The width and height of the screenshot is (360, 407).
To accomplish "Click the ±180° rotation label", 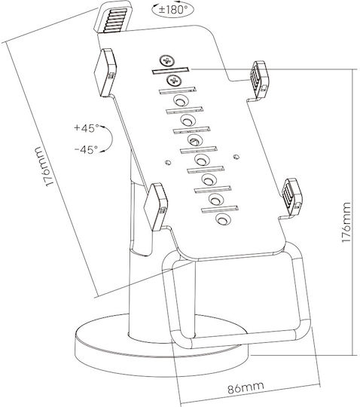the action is [173, 10].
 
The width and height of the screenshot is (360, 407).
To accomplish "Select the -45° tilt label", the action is [87, 149].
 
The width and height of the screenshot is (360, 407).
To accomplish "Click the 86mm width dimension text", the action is [246, 387].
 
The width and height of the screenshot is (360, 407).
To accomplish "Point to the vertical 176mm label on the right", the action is [346, 222].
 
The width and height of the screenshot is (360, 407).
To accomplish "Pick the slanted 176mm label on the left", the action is [44, 167].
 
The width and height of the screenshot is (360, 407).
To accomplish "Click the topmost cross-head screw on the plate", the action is [167, 61].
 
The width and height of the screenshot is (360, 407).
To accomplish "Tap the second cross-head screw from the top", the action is [174, 80].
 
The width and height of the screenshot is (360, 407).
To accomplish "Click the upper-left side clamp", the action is [105, 72].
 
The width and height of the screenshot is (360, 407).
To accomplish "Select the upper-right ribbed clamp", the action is [259, 80].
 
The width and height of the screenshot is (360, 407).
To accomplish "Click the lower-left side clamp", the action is [156, 207].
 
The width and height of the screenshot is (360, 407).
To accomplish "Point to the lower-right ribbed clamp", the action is [292, 197].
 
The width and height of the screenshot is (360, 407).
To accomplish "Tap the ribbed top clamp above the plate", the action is [112, 17].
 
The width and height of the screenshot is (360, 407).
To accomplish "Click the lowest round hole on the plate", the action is [223, 219].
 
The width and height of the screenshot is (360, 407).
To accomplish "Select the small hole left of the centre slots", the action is [168, 163].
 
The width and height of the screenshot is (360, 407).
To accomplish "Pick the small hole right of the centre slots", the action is [236, 157].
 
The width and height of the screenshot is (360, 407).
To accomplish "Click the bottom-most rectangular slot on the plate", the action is [220, 210].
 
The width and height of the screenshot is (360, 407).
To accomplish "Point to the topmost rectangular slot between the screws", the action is [170, 70].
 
